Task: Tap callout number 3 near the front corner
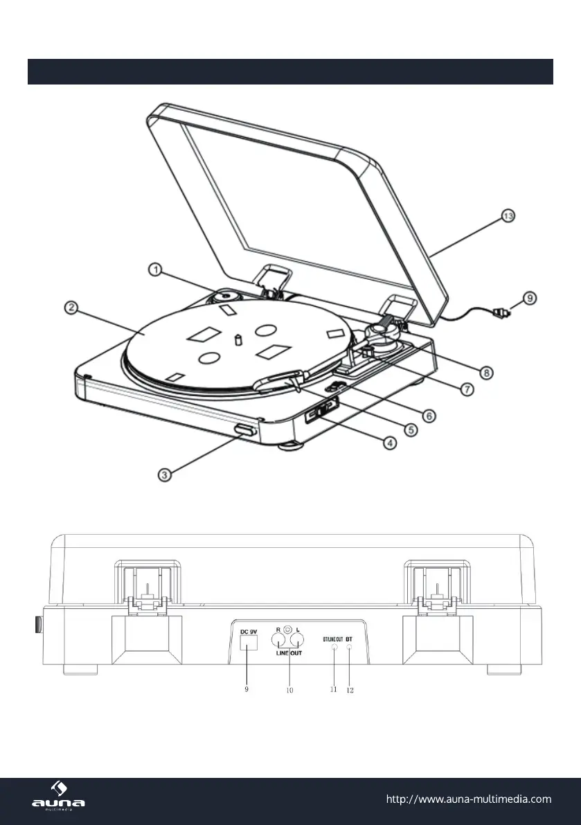point(165,474)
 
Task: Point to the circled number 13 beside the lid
point(508,217)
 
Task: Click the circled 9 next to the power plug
point(529,299)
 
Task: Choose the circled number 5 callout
point(410,429)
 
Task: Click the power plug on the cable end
point(500,312)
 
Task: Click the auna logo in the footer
point(59,799)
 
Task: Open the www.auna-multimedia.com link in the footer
point(468,799)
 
